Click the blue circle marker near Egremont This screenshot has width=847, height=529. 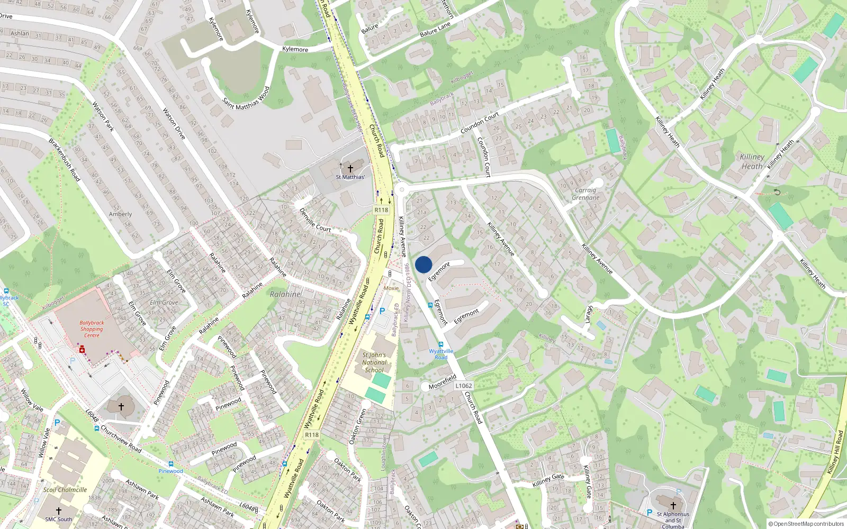[x=424, y=264]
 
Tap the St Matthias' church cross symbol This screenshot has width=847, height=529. [x=350, y=168]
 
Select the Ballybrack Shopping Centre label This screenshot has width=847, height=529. [x=92, y=329]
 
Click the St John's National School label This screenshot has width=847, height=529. [x=374, y=362]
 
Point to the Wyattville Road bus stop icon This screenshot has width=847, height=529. [x=440, y=344]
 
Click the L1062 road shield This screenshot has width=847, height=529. [x=463, y=386]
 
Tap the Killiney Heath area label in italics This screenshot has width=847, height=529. [x=752, y=161]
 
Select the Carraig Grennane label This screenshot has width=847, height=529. [x=585, y=194]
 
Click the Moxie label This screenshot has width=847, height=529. [x=391, y=288]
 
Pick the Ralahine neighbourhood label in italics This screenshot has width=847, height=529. [x=285, y=294]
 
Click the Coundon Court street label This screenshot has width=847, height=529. [x=480, y=123]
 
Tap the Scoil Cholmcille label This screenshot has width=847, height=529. [x=65, y=490]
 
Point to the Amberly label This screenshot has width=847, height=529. [x=120, y=214]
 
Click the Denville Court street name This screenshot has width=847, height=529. [x=315, y=220]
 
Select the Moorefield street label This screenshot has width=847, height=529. [x=443, y=382]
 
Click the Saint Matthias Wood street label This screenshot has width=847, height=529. [x=246, y=98]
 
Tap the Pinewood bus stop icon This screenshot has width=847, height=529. [x=170, y=464]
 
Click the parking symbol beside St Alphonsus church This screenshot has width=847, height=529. [x=650, y=513]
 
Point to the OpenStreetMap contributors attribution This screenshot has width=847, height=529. [x=806, y=524]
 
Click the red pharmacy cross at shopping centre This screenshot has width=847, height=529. [x=82, y=350]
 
